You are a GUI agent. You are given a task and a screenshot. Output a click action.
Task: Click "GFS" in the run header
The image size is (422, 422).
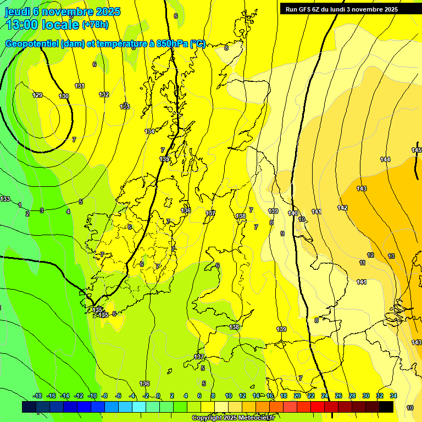(307, 9)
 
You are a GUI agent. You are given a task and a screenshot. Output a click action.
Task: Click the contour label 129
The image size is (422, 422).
(37, 96)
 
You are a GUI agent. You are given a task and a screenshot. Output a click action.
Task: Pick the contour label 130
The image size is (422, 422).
(64, 96)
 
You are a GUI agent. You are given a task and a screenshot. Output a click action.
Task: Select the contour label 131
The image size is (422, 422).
(80, 86)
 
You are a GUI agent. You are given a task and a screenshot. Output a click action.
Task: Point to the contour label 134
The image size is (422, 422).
(149, 131)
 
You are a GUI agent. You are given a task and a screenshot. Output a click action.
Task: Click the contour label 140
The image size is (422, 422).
(293, 213)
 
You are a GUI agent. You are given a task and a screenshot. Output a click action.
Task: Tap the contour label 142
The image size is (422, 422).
(342, 208)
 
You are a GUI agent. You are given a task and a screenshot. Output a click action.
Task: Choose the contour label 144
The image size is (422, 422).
(385, 159)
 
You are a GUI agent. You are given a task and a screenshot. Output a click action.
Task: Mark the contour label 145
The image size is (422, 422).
(417, 150)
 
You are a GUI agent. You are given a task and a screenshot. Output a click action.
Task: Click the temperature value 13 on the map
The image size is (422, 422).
(391, 256)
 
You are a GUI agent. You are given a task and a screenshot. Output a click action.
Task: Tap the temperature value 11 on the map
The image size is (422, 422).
(362, 263)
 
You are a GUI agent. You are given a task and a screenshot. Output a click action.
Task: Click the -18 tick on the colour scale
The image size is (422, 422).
(37, 396)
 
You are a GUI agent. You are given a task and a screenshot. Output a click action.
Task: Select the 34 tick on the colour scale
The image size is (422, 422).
(393, 396)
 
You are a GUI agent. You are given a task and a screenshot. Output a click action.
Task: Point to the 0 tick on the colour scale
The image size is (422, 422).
(158, 396)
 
